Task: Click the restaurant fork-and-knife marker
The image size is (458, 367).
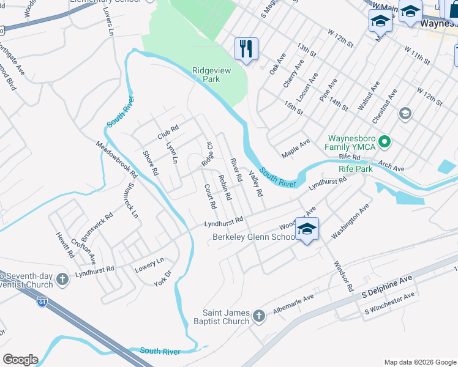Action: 246,48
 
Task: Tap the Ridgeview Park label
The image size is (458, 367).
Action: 212,75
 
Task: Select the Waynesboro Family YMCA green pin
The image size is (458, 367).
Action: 385,142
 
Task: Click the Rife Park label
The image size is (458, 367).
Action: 355,168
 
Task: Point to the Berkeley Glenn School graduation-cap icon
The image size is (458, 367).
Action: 307,229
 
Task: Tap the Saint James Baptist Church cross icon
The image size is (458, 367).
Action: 258,316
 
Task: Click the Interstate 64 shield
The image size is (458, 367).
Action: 42,302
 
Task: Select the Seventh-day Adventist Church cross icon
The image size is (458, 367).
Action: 61,280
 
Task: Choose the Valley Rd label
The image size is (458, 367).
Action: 256,183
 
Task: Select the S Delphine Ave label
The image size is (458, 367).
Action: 387,286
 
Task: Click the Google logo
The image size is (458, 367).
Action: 20,360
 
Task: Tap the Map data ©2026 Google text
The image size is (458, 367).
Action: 419,362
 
